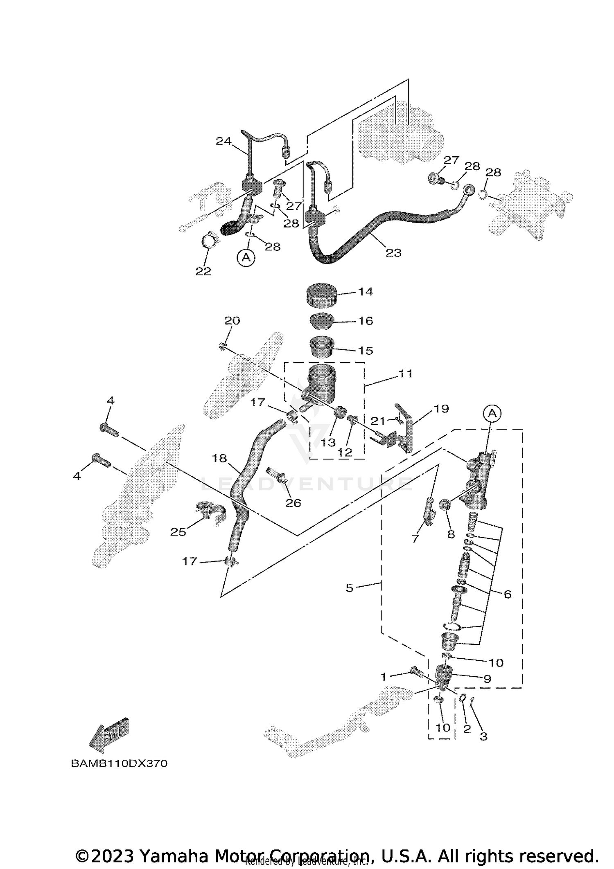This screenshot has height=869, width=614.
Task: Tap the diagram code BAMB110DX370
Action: click(x=119, y=763)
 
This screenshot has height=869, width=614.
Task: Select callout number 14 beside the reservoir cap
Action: click(x=365, y=292)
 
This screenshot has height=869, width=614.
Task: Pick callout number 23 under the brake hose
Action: click(x=393, y=253)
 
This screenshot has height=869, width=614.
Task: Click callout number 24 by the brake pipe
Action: click(x=223, y=141)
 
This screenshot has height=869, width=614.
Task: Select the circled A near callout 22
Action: click(x=246, y=258)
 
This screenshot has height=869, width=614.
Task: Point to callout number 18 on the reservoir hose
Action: click(x=219, y=458)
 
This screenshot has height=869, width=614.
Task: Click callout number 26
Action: click(x=293, y=502)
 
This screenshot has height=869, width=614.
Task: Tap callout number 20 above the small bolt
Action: click(x=232, y=320)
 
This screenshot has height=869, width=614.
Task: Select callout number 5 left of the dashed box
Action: click(x=349, y=588)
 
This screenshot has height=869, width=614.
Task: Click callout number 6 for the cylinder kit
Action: click(x=508, y=594)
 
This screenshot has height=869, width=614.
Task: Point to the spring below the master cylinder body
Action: click(x=473, y=520)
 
